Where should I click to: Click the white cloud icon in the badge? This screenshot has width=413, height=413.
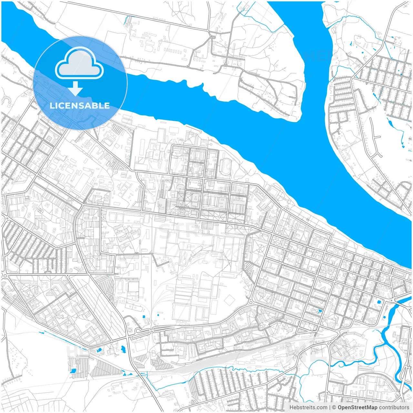tap(79, 64)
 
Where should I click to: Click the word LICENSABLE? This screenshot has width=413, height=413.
tap(80, 106)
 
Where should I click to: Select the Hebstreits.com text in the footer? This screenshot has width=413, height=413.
tap(308, 408)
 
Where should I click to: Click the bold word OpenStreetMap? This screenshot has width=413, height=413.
tap(357, 408)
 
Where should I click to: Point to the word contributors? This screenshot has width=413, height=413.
tap(394, 408)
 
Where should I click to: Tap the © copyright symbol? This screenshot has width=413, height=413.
tap(334, 408)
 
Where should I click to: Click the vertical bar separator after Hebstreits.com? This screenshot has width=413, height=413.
tap(329, 408)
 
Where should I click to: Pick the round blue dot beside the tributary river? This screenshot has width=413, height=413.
tap(379, 302)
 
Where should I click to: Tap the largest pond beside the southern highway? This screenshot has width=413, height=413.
tap(123, 348)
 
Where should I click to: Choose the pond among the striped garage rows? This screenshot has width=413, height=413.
tap(73, 371)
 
